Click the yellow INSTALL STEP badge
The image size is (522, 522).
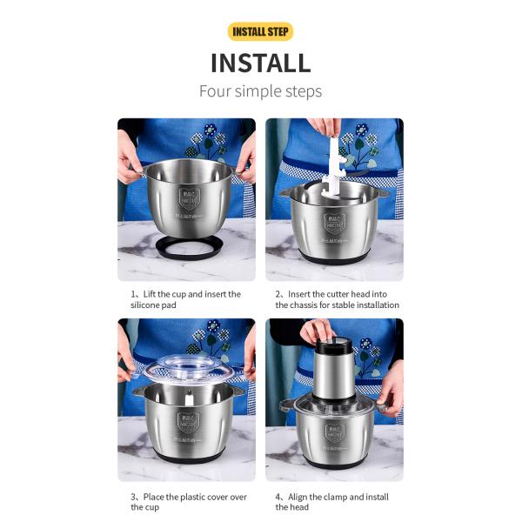(260, 32)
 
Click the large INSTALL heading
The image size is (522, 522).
(260, 63)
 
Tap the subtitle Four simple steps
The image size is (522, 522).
(260, 90)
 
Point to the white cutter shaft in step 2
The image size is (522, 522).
(334, 165)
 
